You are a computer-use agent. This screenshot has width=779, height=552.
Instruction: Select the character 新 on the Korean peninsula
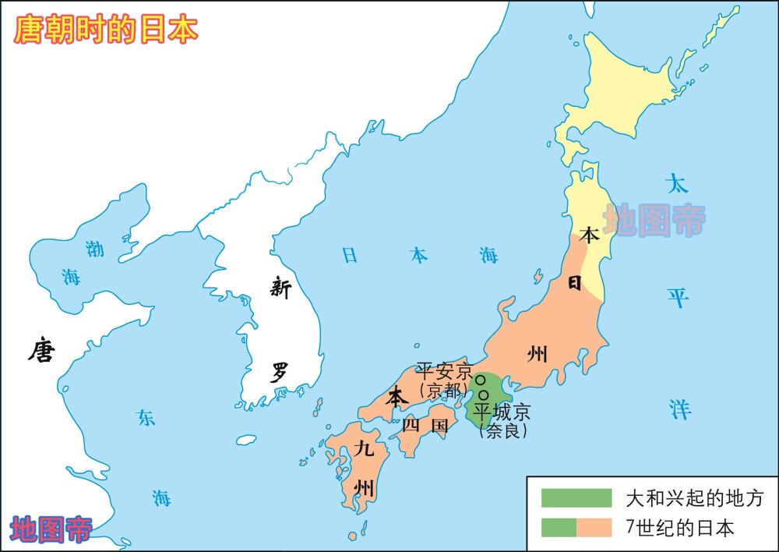pos(280,288)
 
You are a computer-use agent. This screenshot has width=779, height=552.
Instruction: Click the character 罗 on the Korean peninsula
pos(280,372)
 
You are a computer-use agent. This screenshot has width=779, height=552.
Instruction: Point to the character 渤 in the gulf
pos(94,249)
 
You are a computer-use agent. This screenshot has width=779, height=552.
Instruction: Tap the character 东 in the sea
pos(146,418)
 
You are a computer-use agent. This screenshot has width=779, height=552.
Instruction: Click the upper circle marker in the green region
pos(481,380)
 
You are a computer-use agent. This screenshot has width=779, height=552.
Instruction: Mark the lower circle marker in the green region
pos(484,395)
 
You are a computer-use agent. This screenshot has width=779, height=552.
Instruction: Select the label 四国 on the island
pos(425,426)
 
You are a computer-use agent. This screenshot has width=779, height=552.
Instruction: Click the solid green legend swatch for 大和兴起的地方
pos(576,497)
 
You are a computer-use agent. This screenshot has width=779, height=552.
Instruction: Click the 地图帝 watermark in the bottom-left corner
pos(51,530)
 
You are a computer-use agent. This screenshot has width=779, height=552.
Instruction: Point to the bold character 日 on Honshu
pos(574,283)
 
